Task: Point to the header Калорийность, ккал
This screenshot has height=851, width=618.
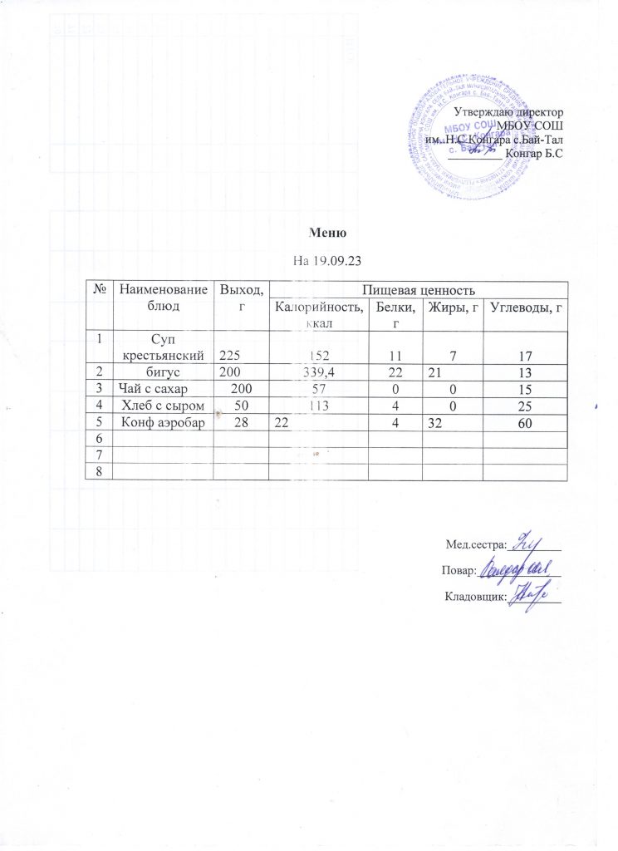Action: click(x=318, y=315)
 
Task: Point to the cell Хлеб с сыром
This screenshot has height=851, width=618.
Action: click(x=163, y=406)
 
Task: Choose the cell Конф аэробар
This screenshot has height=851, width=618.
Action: click(x=162, y=423)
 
